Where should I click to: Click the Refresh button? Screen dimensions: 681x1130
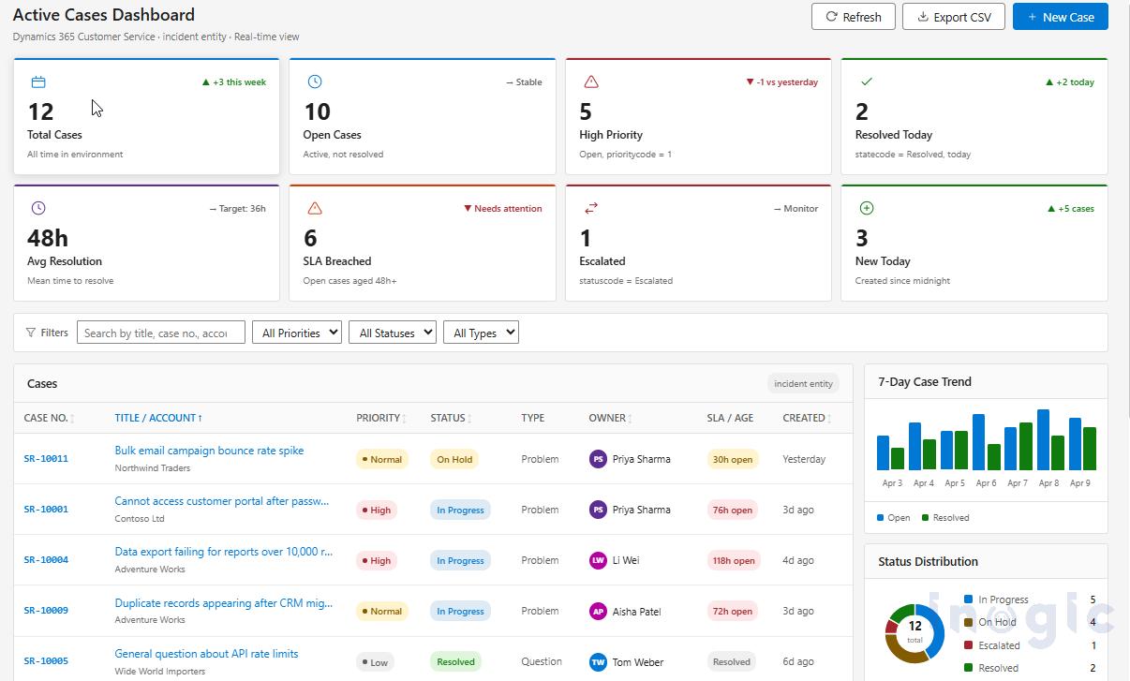click(853, 17)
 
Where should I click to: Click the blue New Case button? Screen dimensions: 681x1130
click(1060, 17)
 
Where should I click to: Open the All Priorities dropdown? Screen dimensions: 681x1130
click(296, 333)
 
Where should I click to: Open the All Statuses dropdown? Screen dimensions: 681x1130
click(392, 333)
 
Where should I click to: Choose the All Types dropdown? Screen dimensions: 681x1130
click(480, 333)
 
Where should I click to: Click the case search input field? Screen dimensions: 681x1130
click(160, 333)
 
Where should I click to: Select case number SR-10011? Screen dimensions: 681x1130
click(46, 459)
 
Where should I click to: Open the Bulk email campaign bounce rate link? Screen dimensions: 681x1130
click(209, 451)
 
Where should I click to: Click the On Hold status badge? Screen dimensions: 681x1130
click(454, 459)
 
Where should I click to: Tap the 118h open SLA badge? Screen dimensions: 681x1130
click(733, 561)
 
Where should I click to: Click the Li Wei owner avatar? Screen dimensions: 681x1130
click(598, 560)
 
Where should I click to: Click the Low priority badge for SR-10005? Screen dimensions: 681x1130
click(375, 662)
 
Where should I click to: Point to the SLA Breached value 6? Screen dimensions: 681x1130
click(311, 238)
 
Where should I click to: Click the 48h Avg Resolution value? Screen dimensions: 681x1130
click(48, 238)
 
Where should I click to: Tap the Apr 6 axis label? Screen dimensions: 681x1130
click(986, 483)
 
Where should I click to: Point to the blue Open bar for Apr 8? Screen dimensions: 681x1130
click(1043, 439)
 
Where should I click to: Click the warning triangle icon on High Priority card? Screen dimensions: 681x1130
click(590, 82)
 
